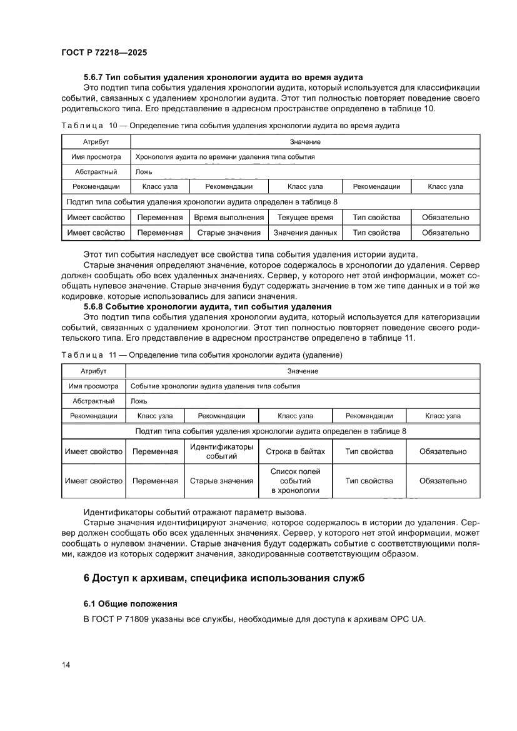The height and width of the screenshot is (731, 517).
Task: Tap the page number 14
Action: (66, 664)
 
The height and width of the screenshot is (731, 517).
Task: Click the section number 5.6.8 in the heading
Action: (93, 306)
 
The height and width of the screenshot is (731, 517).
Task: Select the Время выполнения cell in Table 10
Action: (228, 218)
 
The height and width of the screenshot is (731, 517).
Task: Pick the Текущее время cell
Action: (305, 218)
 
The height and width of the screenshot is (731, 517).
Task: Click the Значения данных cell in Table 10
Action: (305, 233)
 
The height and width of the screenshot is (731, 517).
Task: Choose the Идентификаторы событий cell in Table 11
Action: (221, 451)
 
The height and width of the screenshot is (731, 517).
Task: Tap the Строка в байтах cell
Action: (295, 451)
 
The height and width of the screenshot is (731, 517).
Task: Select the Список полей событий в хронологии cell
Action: (295, 481)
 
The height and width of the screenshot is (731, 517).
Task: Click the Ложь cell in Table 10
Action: (144, 172)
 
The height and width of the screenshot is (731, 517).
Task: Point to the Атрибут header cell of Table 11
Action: (93, 371)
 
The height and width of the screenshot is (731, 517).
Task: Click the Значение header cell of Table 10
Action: (305, 142)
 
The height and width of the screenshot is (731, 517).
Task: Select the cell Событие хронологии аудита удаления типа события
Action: (215, 386)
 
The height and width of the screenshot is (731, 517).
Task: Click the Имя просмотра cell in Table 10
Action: (96, 157)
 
